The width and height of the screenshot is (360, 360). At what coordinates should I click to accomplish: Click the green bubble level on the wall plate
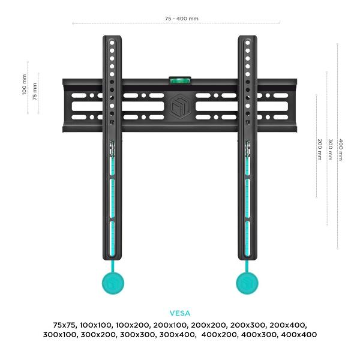[x=180, y=80]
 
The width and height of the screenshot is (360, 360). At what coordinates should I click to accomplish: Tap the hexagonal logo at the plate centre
[x=180, y=106]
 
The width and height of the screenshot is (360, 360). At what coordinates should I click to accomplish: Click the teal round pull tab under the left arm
[x=113, y=283]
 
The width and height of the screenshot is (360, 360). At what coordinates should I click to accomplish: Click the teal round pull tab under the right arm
[x=247, y=283]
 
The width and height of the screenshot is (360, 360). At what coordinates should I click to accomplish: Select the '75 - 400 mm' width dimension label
[x=182, y=19]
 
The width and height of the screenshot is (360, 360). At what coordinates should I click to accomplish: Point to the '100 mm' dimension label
[x=25, y=84]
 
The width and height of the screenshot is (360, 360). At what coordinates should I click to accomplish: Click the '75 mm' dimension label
[x=35, y=91]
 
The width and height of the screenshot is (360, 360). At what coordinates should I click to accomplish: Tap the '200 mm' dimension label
[x=319, y=149]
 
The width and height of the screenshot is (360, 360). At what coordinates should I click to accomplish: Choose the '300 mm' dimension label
[x=330, y=149]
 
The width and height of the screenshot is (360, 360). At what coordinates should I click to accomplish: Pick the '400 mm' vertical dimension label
[x=341, y=149]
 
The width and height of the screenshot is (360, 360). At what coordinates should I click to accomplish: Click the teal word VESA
[x=180, y=313]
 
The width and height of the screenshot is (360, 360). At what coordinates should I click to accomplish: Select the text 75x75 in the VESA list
[x=65, y=325]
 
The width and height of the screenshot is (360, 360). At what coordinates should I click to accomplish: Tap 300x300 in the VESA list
[x=138, y=335]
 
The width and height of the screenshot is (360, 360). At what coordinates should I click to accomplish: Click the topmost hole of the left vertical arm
[x=112, y=43]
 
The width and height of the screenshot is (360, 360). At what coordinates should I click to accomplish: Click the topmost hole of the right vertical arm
[x=247, y=43]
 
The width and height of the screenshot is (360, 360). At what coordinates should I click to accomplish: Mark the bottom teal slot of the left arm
[x=113, y=239]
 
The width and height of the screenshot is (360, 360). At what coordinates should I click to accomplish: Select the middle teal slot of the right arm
[x=247, y=199]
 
